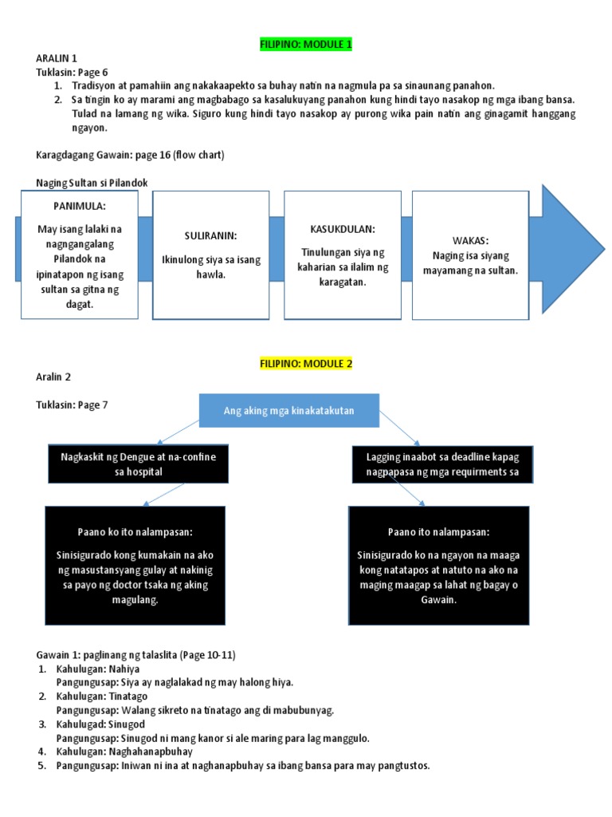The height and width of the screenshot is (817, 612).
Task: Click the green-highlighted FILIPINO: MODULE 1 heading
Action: click(x=306, y=45)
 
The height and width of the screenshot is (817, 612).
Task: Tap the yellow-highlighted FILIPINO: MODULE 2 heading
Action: click(x=306, y=364)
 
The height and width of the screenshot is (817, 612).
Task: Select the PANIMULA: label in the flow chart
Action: click(x=80, y=206)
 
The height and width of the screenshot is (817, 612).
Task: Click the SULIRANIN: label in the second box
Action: click(x=210, y=235)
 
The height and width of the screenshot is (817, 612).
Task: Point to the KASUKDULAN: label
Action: click(x=343, y=229)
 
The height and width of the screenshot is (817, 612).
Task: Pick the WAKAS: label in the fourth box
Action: click(x=470, y=241)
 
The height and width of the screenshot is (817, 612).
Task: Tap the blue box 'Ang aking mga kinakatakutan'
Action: click(x=289, y=411)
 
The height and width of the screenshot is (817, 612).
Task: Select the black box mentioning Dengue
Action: click(x=139, y=464)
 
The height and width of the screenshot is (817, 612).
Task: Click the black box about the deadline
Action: click(x=442, y=464)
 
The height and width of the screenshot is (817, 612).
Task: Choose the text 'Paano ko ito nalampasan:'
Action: click(x=135, y=532)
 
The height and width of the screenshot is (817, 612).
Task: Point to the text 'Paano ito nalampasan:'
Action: click(x=439, y=532)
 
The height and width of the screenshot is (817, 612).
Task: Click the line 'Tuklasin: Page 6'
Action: click(x=72, y=73)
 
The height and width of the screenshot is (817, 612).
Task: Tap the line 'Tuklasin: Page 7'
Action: click(x=72, y=405)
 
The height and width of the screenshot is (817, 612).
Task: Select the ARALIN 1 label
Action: click(x=57, y=57)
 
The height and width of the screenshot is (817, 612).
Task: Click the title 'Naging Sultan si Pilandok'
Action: click(x=92, y=183)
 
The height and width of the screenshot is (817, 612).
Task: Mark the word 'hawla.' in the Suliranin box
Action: click(x=210, y=274)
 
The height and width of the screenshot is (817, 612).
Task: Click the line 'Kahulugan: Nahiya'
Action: click(x=98, y=669)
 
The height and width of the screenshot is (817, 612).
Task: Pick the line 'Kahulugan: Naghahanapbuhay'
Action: click(x=124, y=752)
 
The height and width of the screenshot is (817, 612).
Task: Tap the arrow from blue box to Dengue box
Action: click(x=178, y=432)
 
